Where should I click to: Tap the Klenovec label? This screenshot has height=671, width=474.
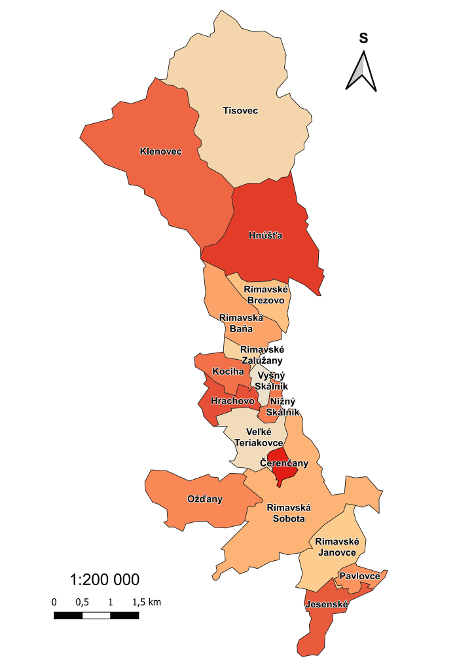coord(160,152)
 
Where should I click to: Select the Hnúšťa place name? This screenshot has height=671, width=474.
coord(265,235)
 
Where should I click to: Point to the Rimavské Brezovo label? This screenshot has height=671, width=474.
coord(265,295)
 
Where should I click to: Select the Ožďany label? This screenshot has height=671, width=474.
coord(205,499)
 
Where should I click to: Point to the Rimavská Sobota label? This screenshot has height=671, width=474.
coord(288,512)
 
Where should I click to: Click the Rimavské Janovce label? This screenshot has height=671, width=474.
coord(336,547)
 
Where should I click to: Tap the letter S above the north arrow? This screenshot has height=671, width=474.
coord(363,39)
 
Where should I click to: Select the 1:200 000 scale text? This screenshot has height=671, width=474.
coord(104,580)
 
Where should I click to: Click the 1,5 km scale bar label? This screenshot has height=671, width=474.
coord(146,602)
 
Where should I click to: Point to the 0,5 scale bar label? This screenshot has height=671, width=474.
coord(82,602)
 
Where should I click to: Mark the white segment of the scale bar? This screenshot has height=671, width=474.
coord(96,615)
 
